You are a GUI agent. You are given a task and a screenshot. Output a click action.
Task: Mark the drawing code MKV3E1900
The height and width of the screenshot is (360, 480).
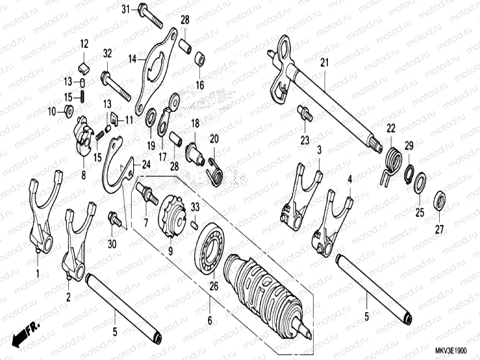[451, 351]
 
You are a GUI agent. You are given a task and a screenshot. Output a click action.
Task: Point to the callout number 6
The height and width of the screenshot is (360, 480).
[209, 321]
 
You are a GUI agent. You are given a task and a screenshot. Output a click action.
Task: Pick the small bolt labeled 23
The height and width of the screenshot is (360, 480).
[304, 114]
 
